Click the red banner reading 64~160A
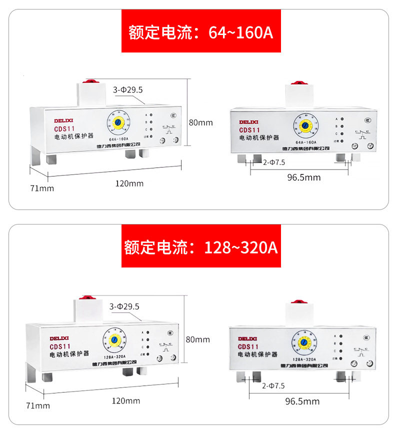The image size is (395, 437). click(201, 32)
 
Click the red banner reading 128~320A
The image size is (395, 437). click(201, 246)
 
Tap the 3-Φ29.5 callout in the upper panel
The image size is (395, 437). click(128, 90)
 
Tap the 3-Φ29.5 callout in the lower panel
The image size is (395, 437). click(124, 306)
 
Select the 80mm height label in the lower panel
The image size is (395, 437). click(198, 339)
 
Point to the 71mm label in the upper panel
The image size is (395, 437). click(42, 188)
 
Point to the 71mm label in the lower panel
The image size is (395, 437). click(38, 405)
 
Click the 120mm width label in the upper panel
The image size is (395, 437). click(129, 183)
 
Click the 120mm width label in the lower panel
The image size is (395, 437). click(126, 400)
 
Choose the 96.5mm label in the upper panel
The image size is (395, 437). click(304, 177)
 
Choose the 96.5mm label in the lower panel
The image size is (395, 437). click(302, 401)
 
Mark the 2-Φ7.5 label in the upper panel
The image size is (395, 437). click(274, 162)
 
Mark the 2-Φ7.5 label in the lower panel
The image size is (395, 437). click(273, 385)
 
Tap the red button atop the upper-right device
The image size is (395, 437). click(300, 81)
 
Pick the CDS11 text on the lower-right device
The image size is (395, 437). click(248, 346)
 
